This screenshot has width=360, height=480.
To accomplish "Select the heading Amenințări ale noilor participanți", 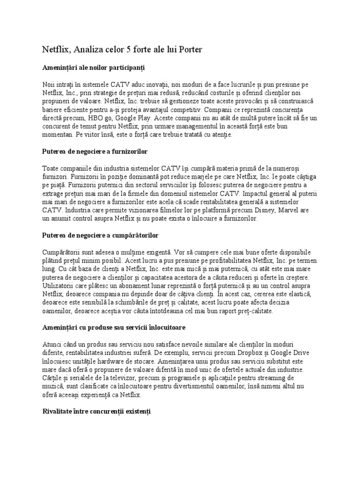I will point(94,68).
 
